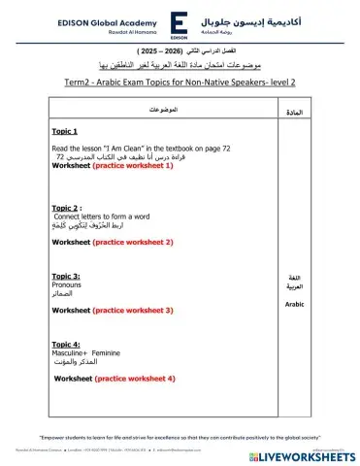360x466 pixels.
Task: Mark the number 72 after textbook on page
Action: (x=226, y=148)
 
